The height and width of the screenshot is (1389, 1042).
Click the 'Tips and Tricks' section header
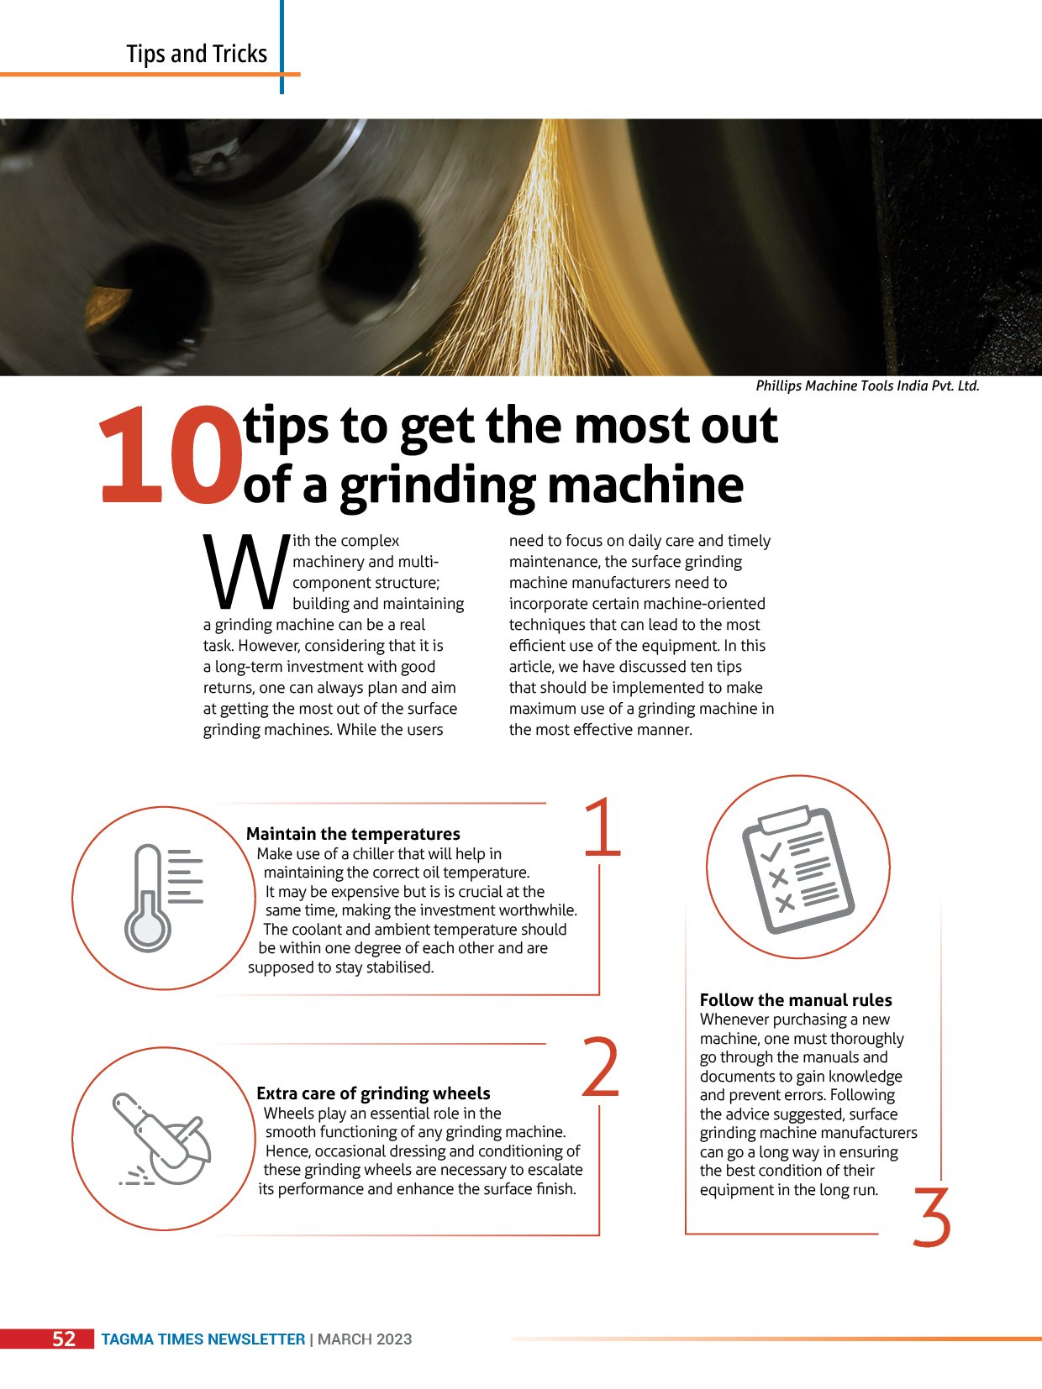197,54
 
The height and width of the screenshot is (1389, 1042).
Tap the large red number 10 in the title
171,455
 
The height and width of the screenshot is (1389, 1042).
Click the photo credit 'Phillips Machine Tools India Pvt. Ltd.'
867,385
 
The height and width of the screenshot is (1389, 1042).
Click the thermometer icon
163,898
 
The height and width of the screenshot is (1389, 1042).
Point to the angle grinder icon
162,1139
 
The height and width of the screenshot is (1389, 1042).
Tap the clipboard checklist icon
798,869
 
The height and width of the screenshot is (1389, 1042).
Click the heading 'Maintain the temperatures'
353,833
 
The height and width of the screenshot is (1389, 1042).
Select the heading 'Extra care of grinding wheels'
373,1093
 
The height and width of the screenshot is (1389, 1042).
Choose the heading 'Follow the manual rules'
796,1000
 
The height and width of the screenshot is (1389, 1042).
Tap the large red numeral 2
600,1067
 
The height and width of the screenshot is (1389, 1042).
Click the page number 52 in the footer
64,1339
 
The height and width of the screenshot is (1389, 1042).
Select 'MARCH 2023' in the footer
365,1339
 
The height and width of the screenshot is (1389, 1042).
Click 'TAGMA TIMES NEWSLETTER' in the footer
203,1339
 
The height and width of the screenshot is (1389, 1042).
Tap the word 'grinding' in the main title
438,485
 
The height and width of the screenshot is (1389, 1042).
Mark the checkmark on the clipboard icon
771,852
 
